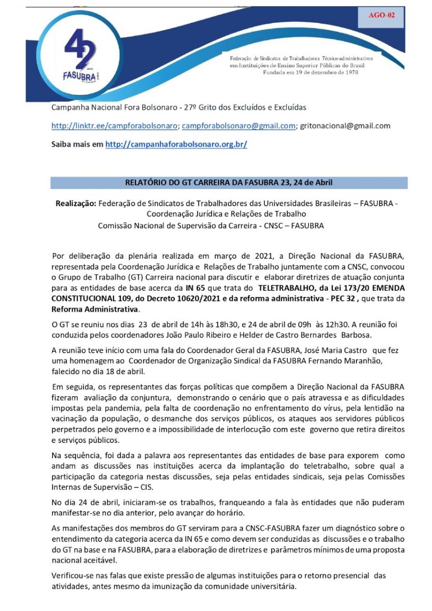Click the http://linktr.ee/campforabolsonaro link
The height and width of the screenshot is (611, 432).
point(115,126)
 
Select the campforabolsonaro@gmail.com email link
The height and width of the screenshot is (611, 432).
point(238,126)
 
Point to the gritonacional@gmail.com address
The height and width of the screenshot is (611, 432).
point(345,126)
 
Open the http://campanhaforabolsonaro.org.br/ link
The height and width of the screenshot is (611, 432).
point(176,145)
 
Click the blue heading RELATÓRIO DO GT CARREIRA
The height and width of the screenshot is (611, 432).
point(229,183)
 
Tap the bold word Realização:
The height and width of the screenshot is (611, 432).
point(75,204)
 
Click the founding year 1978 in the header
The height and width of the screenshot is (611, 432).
point(349,72)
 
